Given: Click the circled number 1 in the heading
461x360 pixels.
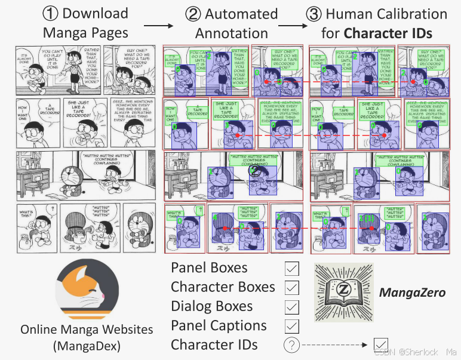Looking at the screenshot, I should point(50,14).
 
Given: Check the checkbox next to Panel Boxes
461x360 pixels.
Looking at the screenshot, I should point(291,268).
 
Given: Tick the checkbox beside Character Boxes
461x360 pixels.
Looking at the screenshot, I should point(291,288).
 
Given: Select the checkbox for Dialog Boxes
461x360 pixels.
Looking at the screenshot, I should point(291,307).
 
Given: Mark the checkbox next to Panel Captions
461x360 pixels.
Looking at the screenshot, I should point(291,326).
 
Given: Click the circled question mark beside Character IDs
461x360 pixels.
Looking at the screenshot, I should point(291,345).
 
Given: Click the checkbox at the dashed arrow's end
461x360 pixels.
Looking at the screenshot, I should point(380,345).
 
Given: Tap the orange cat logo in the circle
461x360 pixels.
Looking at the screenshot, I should point(86,291).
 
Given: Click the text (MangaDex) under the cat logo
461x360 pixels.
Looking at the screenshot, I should point(87,345).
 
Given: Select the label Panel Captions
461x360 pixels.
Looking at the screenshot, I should point(219,326).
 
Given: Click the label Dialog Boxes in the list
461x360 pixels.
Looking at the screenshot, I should point(211,307).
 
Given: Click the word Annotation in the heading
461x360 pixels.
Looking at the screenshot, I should point(232,33).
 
